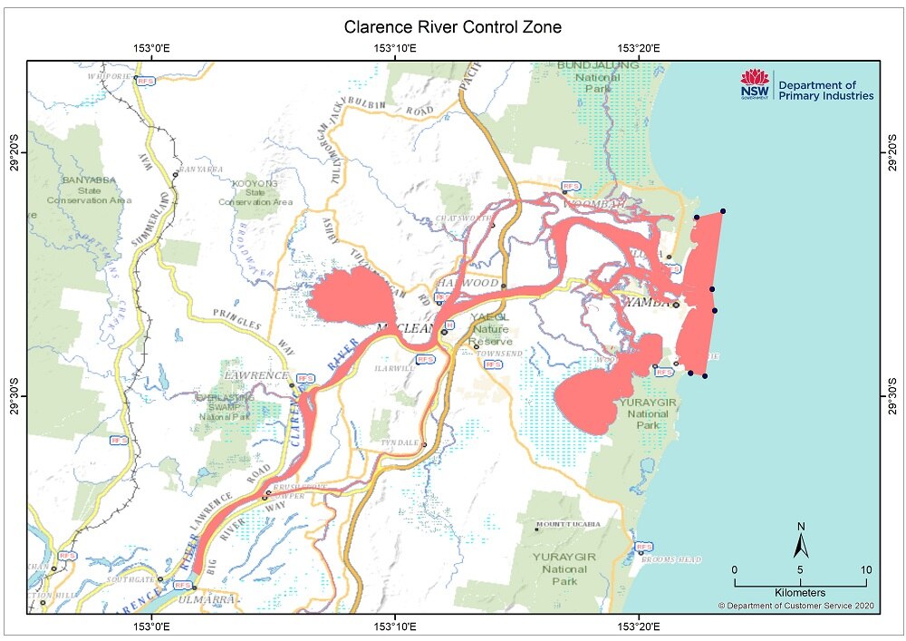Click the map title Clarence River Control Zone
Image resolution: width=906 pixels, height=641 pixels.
point(452,27)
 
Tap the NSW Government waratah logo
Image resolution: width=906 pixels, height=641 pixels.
point(754,84)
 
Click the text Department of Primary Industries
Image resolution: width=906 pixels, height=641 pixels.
point(824,90)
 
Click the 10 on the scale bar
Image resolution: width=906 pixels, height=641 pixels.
point(865,569)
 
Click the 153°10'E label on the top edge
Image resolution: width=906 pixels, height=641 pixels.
point(395,48)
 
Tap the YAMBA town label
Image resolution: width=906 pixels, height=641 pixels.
point(647,305)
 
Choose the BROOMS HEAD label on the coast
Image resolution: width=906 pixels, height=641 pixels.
point(671,559)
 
